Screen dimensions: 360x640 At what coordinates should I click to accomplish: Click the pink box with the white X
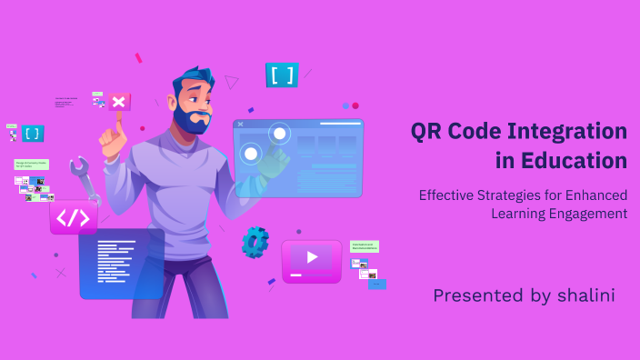pyautogui.click(x=120, y=101)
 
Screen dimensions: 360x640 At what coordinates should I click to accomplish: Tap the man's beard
pyautogui.click(x=194, y=121)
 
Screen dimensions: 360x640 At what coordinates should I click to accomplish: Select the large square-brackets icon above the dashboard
pyautogui.click(x=282, y=75)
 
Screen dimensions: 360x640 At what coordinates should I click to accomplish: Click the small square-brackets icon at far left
pyautogui.click(x=33, y=134)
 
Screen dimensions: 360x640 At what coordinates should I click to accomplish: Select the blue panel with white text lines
pyautogui.click(x=122, y=264)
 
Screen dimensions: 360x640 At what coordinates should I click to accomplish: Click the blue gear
pyautogui.click(x=255, y=242)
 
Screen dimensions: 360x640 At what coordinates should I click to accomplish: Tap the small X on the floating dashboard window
pyautogui.click(x=240, y=124)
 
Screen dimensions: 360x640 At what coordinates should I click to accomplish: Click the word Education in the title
pyautogui.click(x=575, y=161)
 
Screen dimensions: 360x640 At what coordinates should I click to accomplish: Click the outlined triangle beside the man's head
pyautogui.click(x=232, y=82)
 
